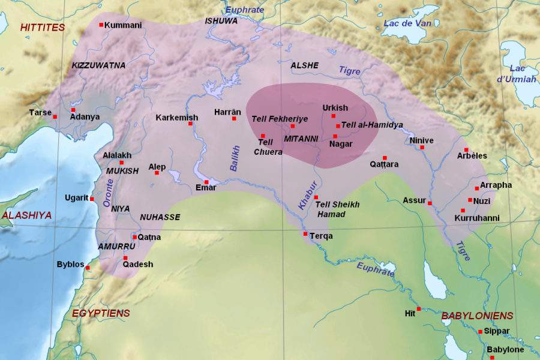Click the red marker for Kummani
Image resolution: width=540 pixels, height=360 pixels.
(x=100, y=25)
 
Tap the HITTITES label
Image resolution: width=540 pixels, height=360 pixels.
(x=42, y=28)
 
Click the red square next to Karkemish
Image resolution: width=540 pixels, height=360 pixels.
(x=190, y=124)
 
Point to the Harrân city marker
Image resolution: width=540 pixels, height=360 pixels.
(x=234, y=119)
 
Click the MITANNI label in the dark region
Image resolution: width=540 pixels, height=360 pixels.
(x=301, y=139)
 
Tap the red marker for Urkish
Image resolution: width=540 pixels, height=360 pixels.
(x=333, y=116)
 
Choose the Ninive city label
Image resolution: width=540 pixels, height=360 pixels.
(x=421, y=140)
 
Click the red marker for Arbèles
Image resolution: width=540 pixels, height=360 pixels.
(x=466, y=150)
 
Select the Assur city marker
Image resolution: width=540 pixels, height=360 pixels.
(x=430, y=203)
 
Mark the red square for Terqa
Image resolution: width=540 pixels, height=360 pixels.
(x=305, y=234)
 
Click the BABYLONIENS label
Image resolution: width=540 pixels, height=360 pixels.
(x=477, y=316)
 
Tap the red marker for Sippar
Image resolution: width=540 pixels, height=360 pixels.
(x=480, y=331)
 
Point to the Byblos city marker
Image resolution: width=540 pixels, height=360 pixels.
(x=88, y=268)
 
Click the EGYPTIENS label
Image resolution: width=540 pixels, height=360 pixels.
(x=101, y=313)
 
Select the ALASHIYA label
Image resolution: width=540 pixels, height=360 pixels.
(x=26, y=215)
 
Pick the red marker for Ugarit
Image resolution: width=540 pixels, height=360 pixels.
(x=92, y=199)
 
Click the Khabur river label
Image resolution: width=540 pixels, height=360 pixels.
(x=305, y=195)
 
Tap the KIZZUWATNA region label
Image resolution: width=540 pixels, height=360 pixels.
(x=98, y=65)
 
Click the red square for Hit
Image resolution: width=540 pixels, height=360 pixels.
(x=419, y=309)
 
